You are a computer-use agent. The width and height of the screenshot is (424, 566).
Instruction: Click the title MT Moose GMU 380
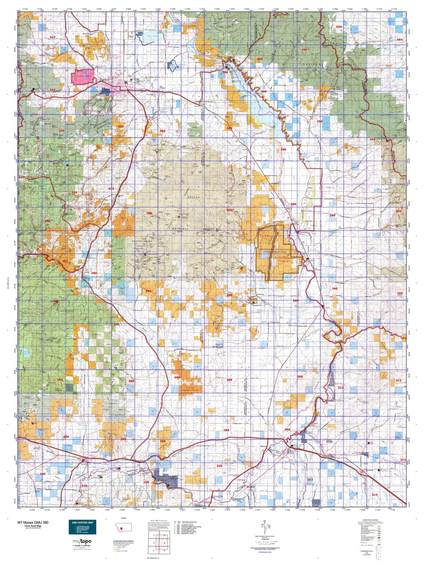[x=33, y=523]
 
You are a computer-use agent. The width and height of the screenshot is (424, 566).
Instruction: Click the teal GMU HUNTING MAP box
[x=82, y=527]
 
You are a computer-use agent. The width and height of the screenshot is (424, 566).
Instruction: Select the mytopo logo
[x=82, y=541]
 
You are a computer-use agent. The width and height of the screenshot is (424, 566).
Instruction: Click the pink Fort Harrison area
[x=83, y=75]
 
